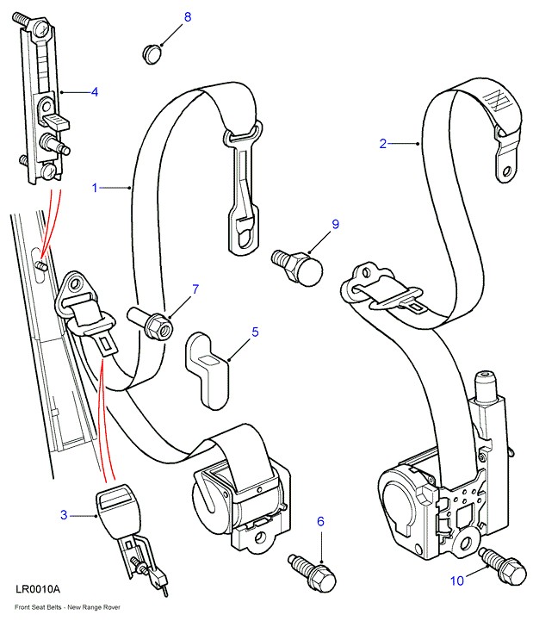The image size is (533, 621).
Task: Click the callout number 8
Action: pos(188,17)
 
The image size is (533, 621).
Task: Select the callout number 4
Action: pos(95,91)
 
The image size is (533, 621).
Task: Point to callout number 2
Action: pos(383,144)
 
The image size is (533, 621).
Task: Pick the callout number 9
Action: pos(336,225)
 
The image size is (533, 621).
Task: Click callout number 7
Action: pos(195,289)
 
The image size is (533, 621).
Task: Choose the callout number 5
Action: pos(255,330)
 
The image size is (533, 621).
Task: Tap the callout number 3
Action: pos(63,515)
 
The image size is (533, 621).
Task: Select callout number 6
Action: pos(320,521)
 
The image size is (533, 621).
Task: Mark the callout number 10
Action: pos(457,581)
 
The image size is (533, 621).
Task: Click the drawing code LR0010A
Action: pos(37,589)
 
